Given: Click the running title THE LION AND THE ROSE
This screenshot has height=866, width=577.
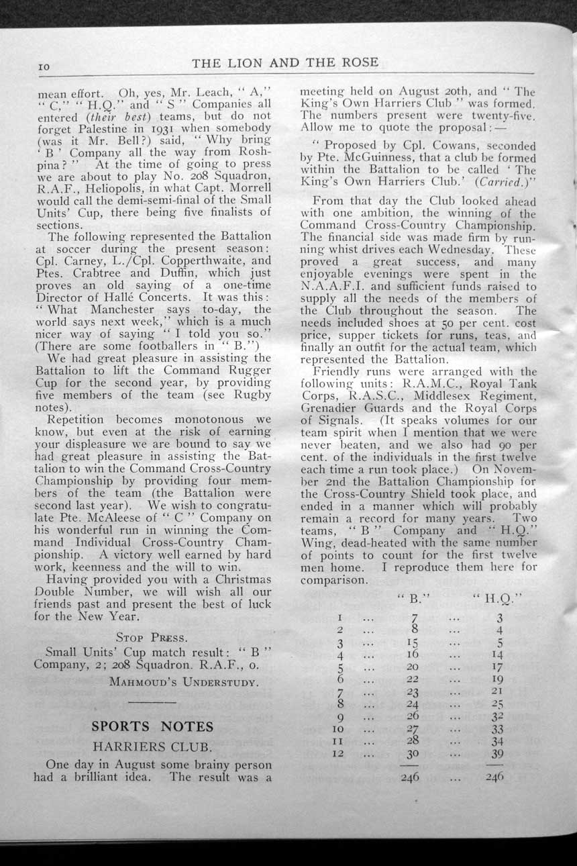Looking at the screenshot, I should click(x=285, y=62).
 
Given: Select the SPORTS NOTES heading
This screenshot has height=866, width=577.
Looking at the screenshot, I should click(x=152, y=726).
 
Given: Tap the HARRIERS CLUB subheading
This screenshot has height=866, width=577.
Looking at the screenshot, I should click(x=153, y=747).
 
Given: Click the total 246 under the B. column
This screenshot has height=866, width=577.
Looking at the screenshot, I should click(x=413, y=777).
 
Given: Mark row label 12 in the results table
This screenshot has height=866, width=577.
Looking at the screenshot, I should click(x=340, y=754).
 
